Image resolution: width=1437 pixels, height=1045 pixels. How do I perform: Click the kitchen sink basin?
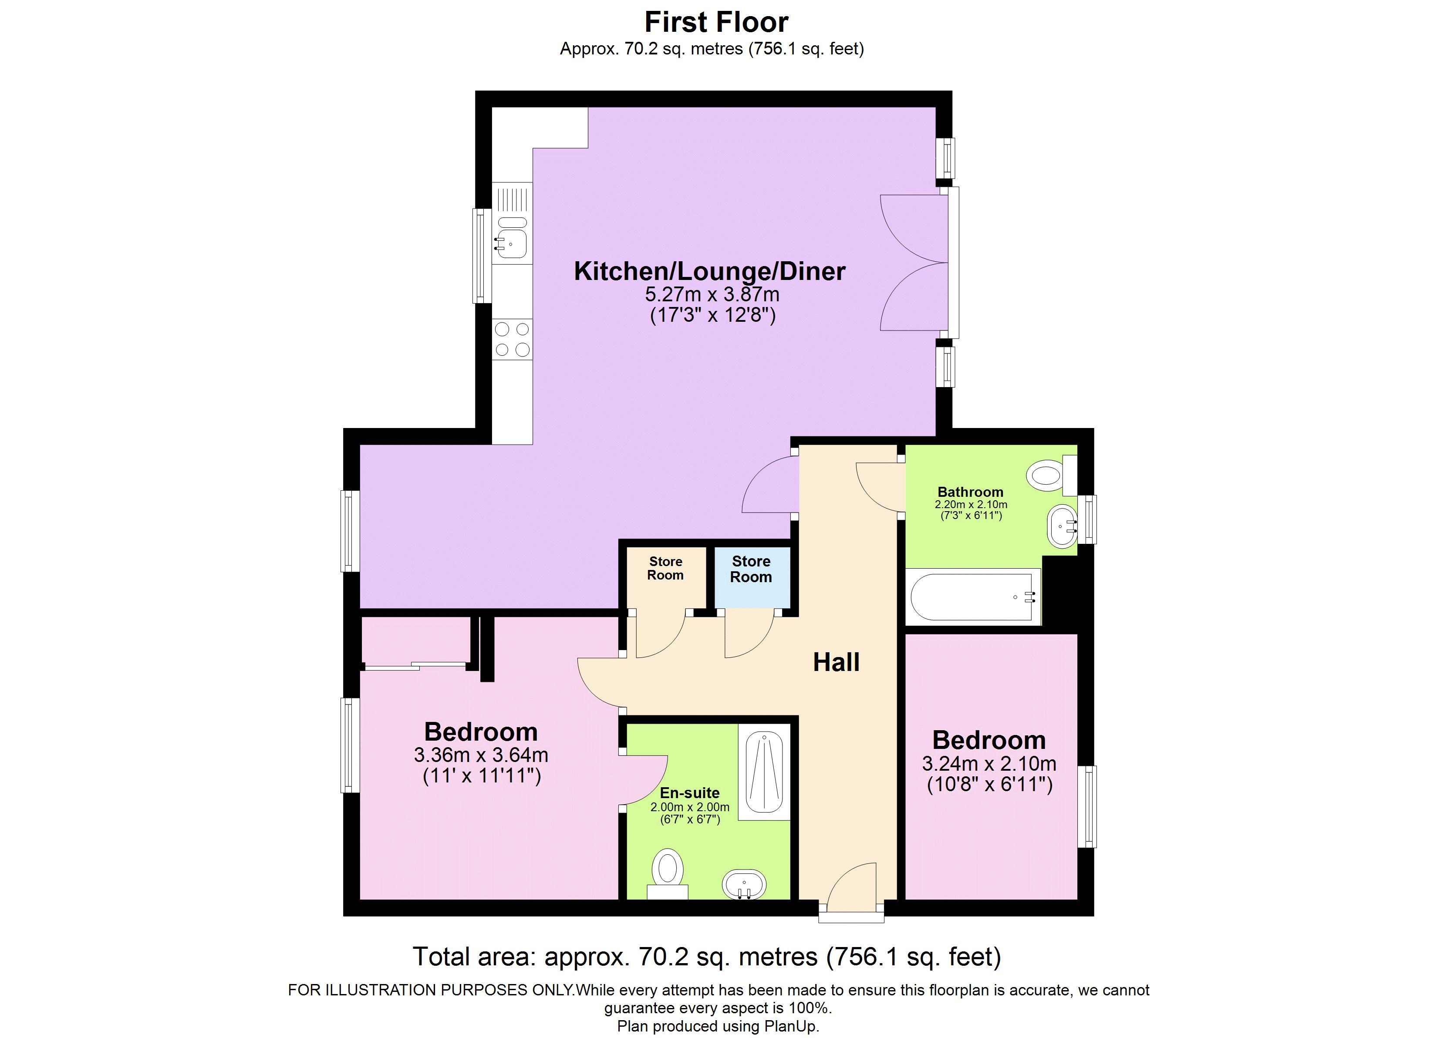click(x=512, y=243)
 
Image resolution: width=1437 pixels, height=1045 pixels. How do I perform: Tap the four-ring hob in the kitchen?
click(x=513, y=339)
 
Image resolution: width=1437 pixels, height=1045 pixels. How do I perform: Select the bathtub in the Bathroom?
click(x=972, y=597)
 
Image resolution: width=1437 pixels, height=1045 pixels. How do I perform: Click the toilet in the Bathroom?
click(x=1046, y=475)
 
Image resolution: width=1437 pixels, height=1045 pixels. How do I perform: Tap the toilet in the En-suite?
click(x=667, y=871)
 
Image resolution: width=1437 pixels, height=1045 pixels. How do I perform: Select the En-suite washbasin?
click(x=745, y=884)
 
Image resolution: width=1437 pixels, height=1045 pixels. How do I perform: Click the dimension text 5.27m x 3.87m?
click(x=712, y=295)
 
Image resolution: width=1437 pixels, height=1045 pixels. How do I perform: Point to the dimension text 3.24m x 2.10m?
click(x=989, y=764)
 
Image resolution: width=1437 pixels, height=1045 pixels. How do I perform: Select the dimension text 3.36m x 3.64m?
click(x=481, y=755)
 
